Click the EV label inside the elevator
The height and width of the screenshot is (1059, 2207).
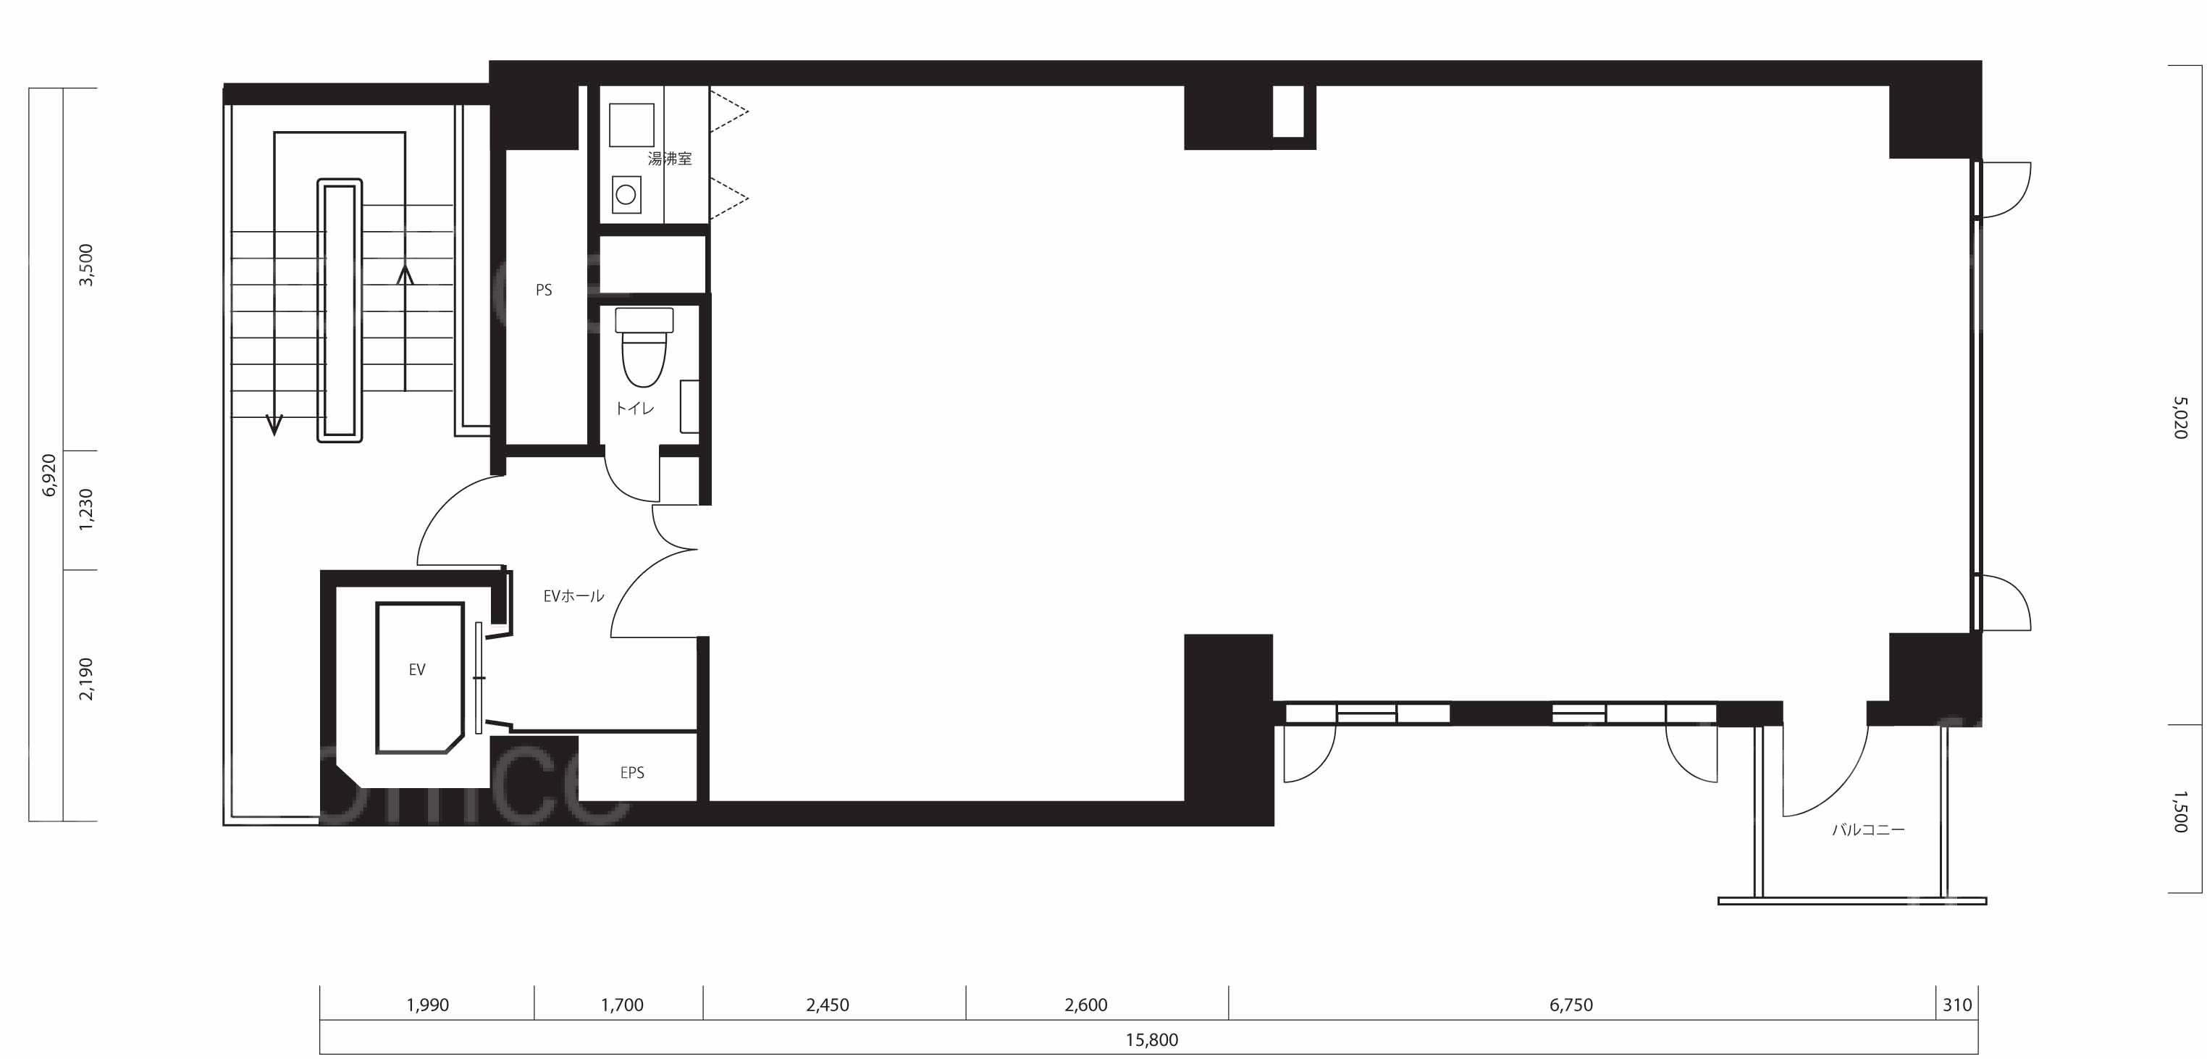point(417,670)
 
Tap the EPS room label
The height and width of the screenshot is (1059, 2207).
point(632,773)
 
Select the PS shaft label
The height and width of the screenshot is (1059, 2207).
point(544,290)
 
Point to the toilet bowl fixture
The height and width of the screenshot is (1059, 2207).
point(644,347)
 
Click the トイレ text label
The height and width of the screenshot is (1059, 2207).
point(635,409)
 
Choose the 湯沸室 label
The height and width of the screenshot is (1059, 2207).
point(670,159)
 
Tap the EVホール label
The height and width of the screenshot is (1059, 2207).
point(574,595)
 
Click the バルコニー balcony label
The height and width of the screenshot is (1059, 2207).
point(1869,829)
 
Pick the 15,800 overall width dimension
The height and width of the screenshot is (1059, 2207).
point(1151,1040)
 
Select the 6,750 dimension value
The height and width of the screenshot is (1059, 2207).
point(1571,1005)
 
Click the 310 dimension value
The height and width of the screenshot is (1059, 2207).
point(1956,1005)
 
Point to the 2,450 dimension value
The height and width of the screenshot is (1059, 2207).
point(828,1005)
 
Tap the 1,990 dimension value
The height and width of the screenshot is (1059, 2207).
point(427,1005)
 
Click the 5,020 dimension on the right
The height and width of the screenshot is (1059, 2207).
point(2180,417)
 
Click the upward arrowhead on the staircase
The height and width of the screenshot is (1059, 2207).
point(405,275)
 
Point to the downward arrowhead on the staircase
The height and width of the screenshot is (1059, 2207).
point(275,425)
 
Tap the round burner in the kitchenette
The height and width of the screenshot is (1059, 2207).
point(626,195)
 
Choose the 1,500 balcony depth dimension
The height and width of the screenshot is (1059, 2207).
point(2180,811)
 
